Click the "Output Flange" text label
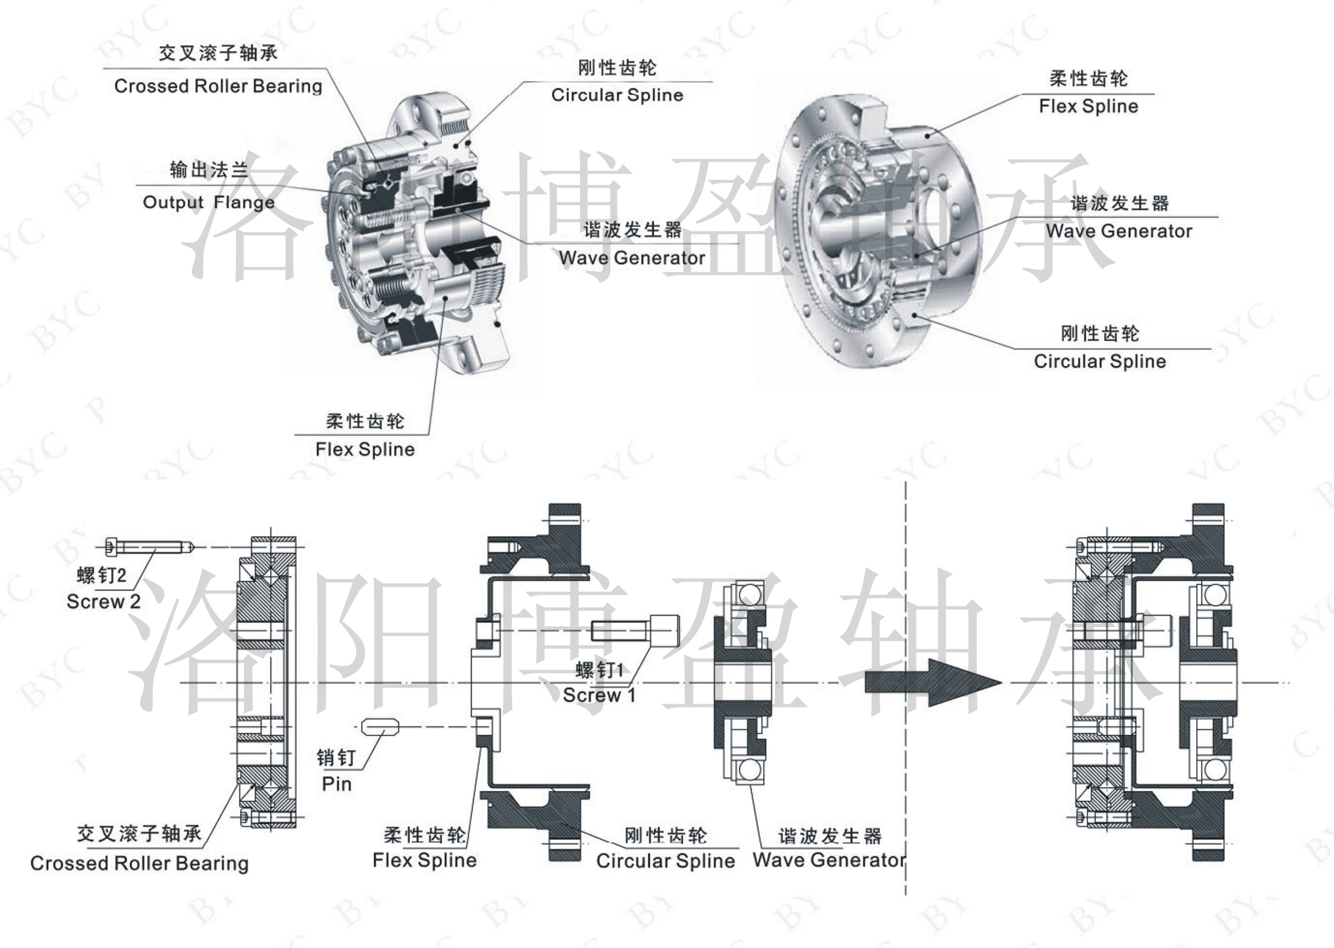208,203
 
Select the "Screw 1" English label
598,695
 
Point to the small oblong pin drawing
379,727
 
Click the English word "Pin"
337,784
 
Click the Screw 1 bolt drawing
635,630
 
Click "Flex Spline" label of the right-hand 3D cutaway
1088,106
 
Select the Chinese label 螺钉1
600,670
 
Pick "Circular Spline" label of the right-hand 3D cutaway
1099,361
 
